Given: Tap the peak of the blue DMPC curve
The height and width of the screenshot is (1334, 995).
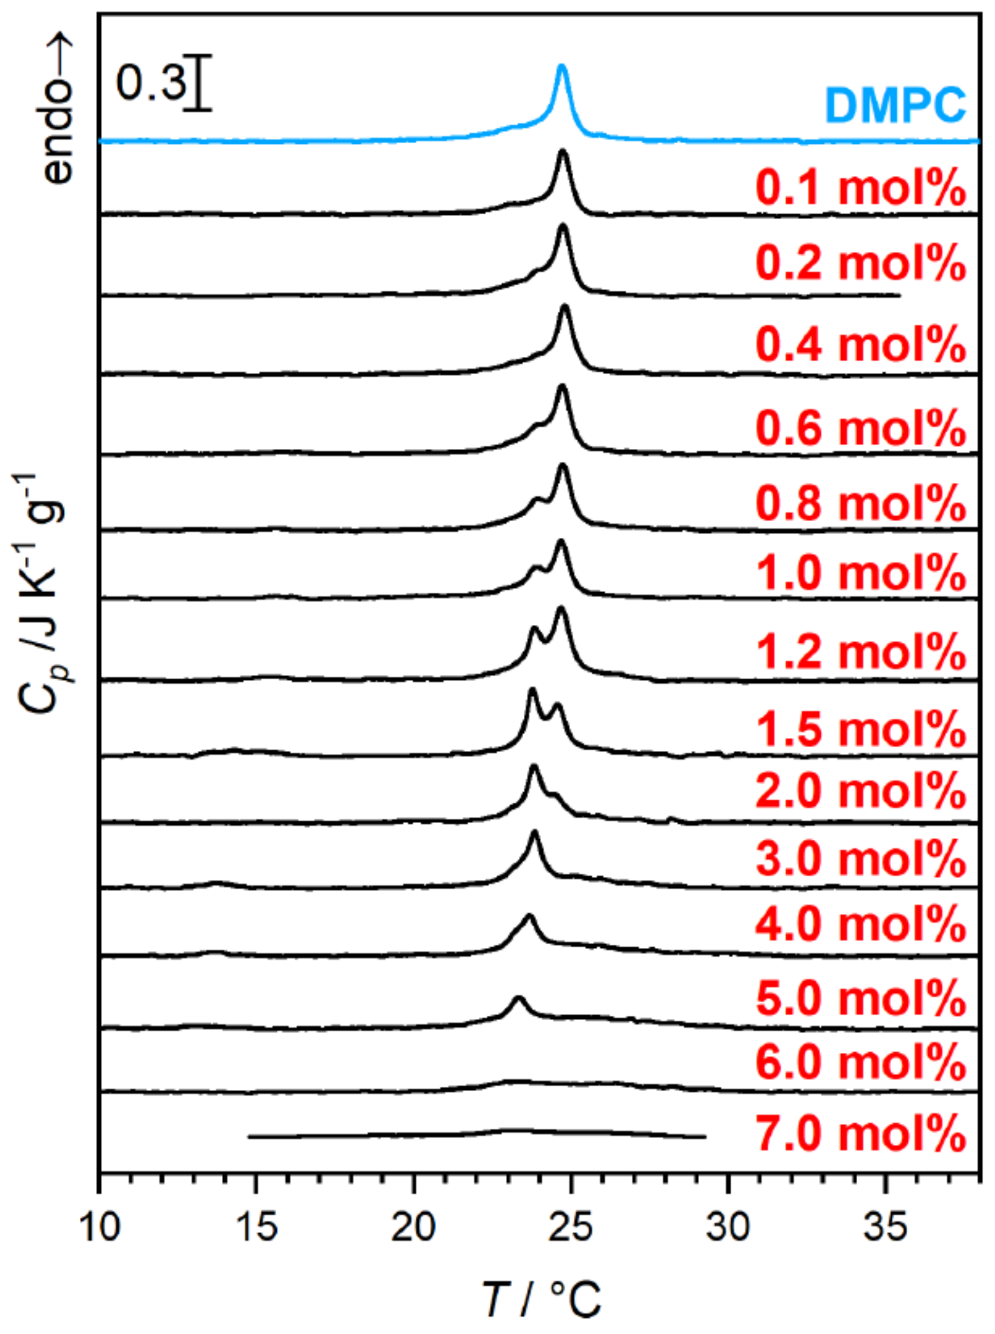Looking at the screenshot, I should click(x=561, y=66).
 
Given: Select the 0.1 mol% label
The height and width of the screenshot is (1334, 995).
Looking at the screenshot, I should click(x=861, y=189).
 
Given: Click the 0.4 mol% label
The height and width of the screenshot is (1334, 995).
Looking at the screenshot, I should click(x=861, y=344).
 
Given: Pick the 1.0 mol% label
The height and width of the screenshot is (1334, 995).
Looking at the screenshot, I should click(x=861, y=572).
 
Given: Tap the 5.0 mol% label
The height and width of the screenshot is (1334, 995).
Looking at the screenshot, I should click(x=861, y=998).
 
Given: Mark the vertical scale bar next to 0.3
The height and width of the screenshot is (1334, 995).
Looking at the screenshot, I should click(x=197, y=83).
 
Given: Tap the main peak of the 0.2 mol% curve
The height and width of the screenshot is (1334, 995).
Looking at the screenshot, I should click(x=563, y=227).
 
